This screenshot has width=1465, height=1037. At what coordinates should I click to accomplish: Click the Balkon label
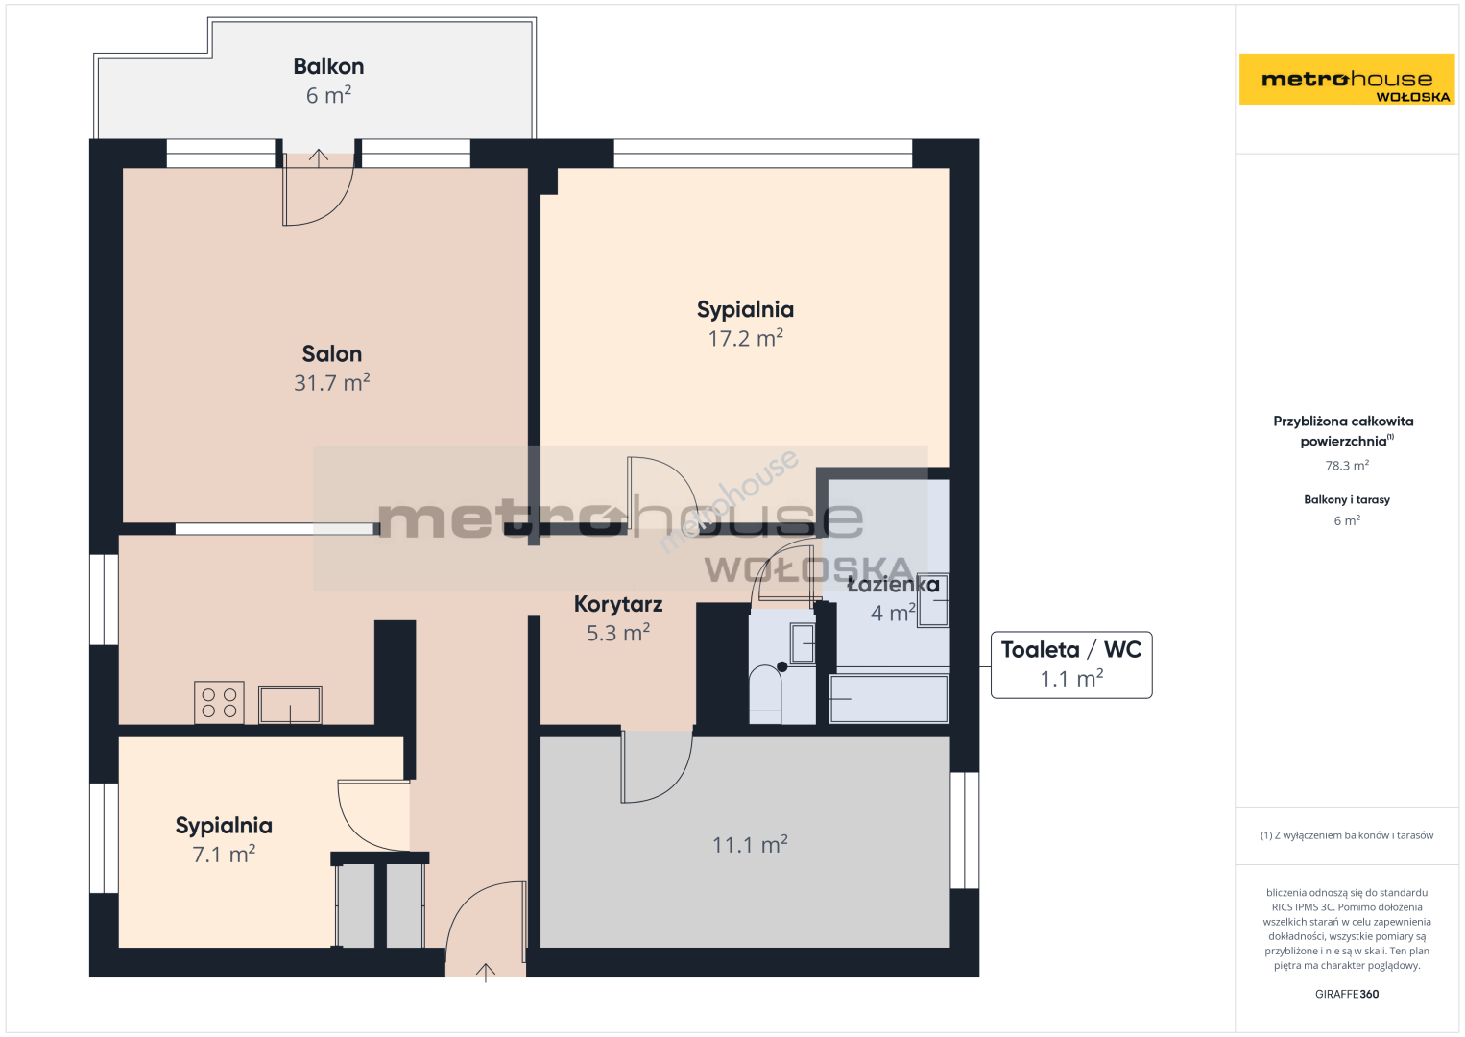(x=328, y=66)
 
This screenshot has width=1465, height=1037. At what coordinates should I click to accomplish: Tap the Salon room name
(x=331, y=354)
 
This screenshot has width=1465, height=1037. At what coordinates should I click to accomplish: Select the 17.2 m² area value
(x=746, y=338)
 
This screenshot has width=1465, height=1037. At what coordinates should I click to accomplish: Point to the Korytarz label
(x=618, y=604)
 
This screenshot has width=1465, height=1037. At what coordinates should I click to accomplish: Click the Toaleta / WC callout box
(x=1071, y=664)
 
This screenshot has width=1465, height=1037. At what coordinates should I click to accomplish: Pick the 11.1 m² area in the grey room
(x=750, y=845)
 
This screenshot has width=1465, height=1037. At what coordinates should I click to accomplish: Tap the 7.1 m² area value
(x=224, y=855)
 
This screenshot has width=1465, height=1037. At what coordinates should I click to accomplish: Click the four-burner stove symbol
(x=219, y=703)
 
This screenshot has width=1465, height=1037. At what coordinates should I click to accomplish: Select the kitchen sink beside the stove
(x=290, y=705)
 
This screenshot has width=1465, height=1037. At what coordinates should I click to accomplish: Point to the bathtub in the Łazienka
(x=889, y=699)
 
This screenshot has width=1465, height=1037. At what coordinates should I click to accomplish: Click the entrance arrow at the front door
(x=485, y=973)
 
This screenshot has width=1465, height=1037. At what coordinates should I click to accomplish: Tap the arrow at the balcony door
(x=319, y=157)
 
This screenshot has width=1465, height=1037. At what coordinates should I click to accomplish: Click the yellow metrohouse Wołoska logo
(x=1347, y=79)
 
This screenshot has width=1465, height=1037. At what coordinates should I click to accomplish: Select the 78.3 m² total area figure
(x=1347, y=465)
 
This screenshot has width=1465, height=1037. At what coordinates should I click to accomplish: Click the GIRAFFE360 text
(x=1347, y=994)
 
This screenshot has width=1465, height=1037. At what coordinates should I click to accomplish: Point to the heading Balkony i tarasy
(x=1347, y=500)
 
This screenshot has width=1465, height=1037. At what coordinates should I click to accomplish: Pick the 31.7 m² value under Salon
(x=331, y=383)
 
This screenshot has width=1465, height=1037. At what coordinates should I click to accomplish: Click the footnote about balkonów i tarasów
(x=1347, y=835)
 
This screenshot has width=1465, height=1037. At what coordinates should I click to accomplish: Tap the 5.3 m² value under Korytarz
(x=618, y=633)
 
